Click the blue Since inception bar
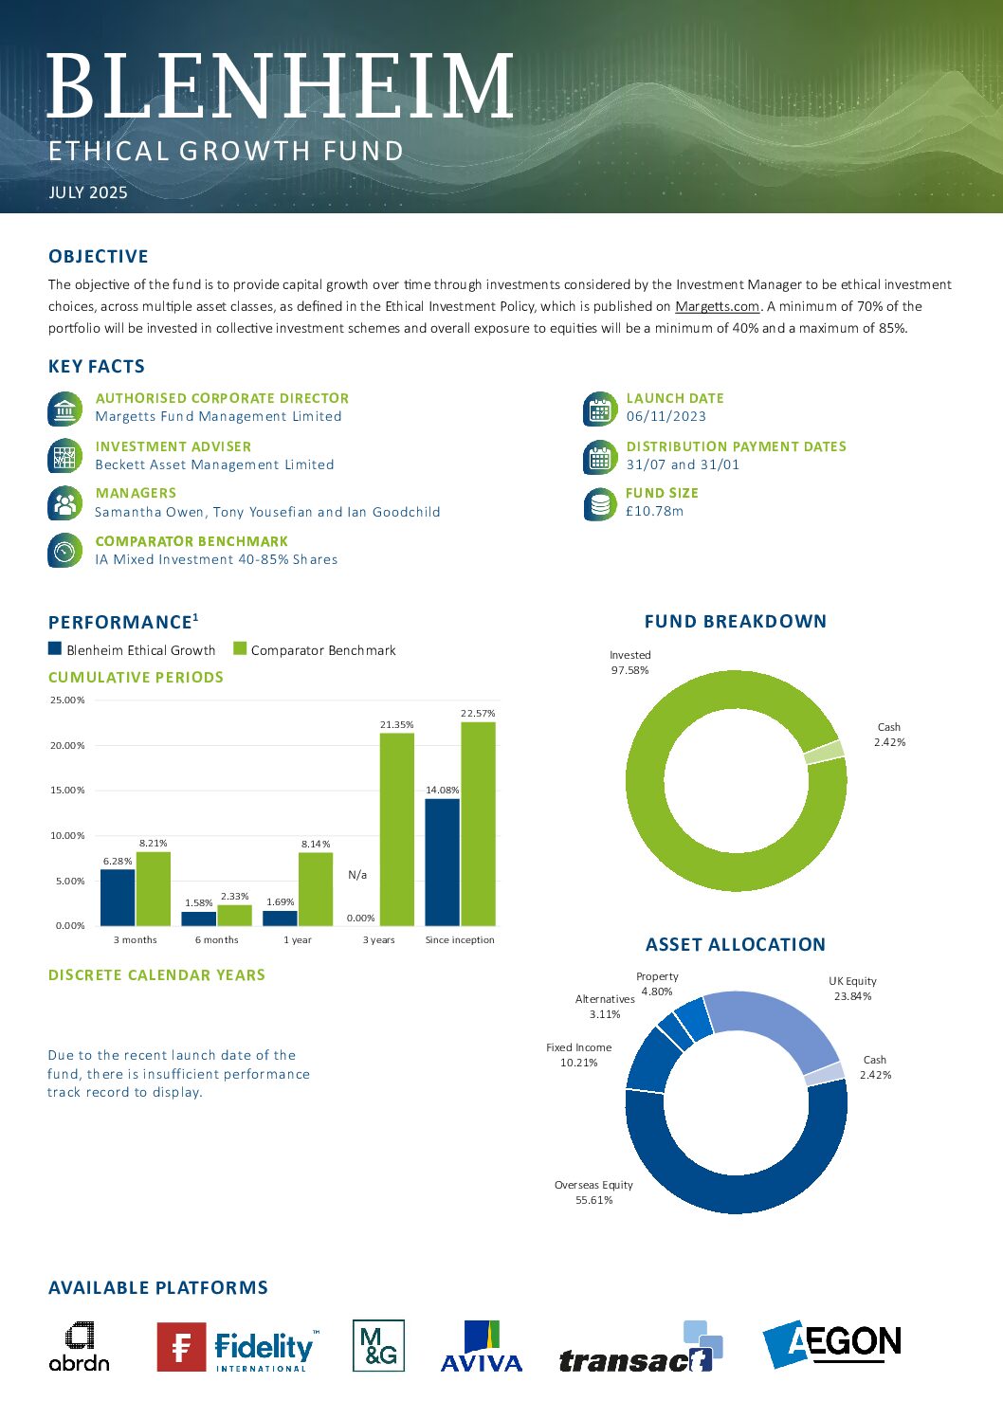(443, 863)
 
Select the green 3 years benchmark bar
(396, 829)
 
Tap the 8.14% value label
(316, 844)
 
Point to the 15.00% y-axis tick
(67, 790)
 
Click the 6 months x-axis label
(217, 939)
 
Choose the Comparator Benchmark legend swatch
(240, 648)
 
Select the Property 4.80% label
(657, 984)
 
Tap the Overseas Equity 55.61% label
(593, 1192)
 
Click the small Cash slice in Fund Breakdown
(825, 752)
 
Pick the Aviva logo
(482, 1345)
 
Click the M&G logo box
(378, 1345)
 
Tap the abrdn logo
(80, 1346)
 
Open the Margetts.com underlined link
(718, 306)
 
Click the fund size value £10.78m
(654, 511)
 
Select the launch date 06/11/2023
(666, 416)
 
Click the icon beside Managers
(64, 503)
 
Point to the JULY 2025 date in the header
(88, 192)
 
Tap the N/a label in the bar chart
(357, 875)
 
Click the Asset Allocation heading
(736, 944)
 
